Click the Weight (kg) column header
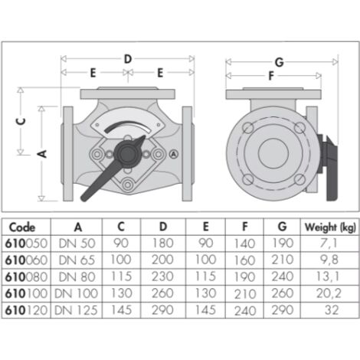point(330,227)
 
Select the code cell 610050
point(26,244)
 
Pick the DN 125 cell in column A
point(76,310)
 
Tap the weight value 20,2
point(329,293)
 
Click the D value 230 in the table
point(162,277)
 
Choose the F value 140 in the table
point(244,244)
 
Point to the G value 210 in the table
point(283,260)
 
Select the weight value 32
point(332,310)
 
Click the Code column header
point(22,227)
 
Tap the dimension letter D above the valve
point(128,59)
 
